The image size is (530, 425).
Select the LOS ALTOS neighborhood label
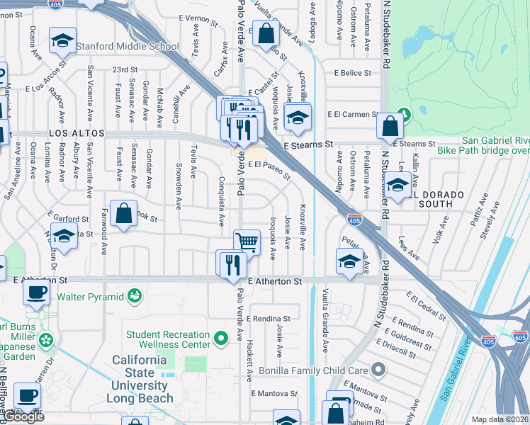tap(77, 133)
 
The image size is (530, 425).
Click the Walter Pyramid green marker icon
tap(134, 295)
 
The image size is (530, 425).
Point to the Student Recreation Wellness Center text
tap(168, 339)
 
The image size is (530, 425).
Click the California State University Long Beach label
tap(142, 379)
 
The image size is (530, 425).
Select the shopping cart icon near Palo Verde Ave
tap(247, 242)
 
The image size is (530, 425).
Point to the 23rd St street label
tap(124, 69)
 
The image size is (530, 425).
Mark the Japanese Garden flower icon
tap(47, 341)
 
